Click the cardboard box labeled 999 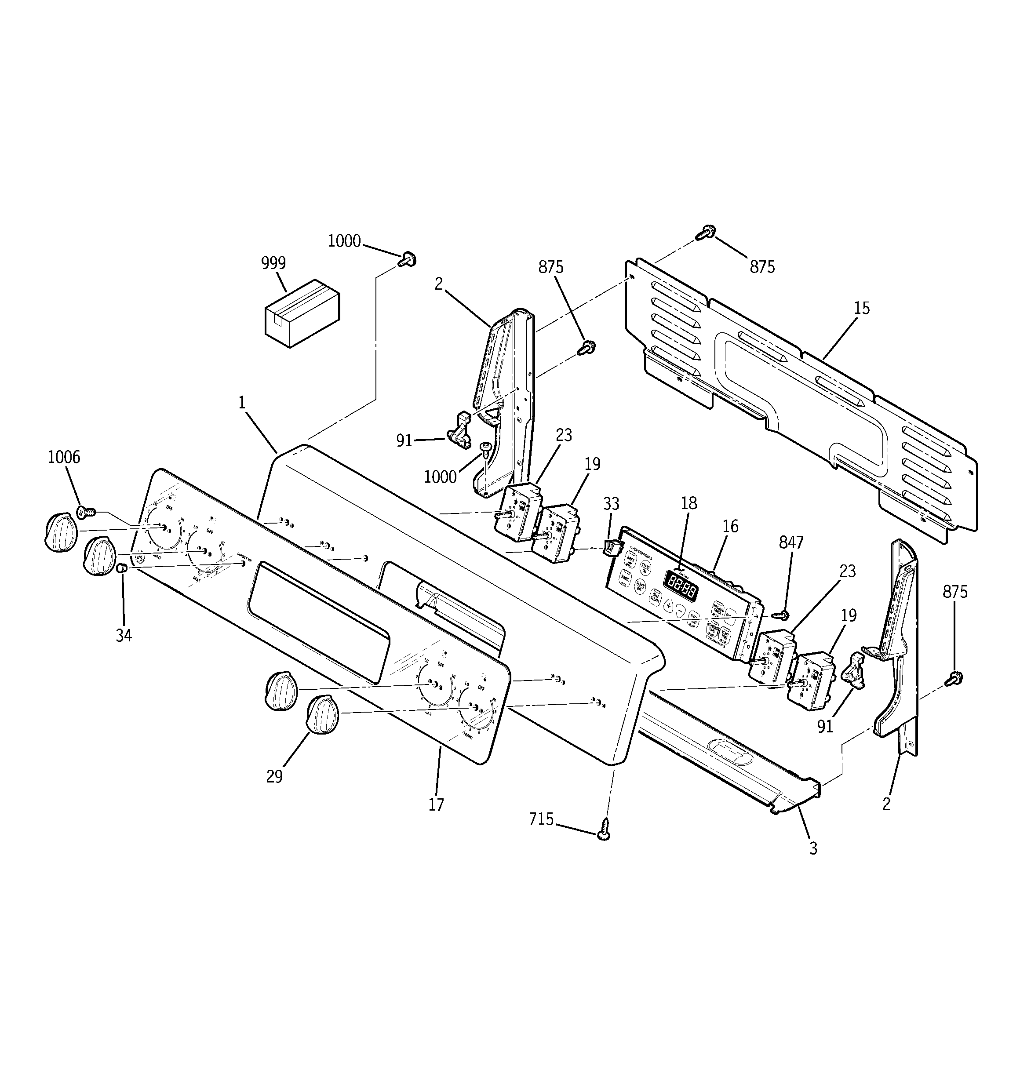[x=302, y=313]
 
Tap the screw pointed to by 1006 [x=85, y=512]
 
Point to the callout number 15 [x=861, y=308]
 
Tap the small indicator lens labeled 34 [x=123, y=569]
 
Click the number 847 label [x=790, y=542]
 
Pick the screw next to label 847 [x=782, y=615]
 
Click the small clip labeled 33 [x=611, y=546]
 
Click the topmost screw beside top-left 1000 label [x=408, y=259]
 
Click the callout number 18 [x=689, y=503]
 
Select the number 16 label [x=730, y=527]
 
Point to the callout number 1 [x=241, y=403]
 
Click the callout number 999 [x=273, y=263]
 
